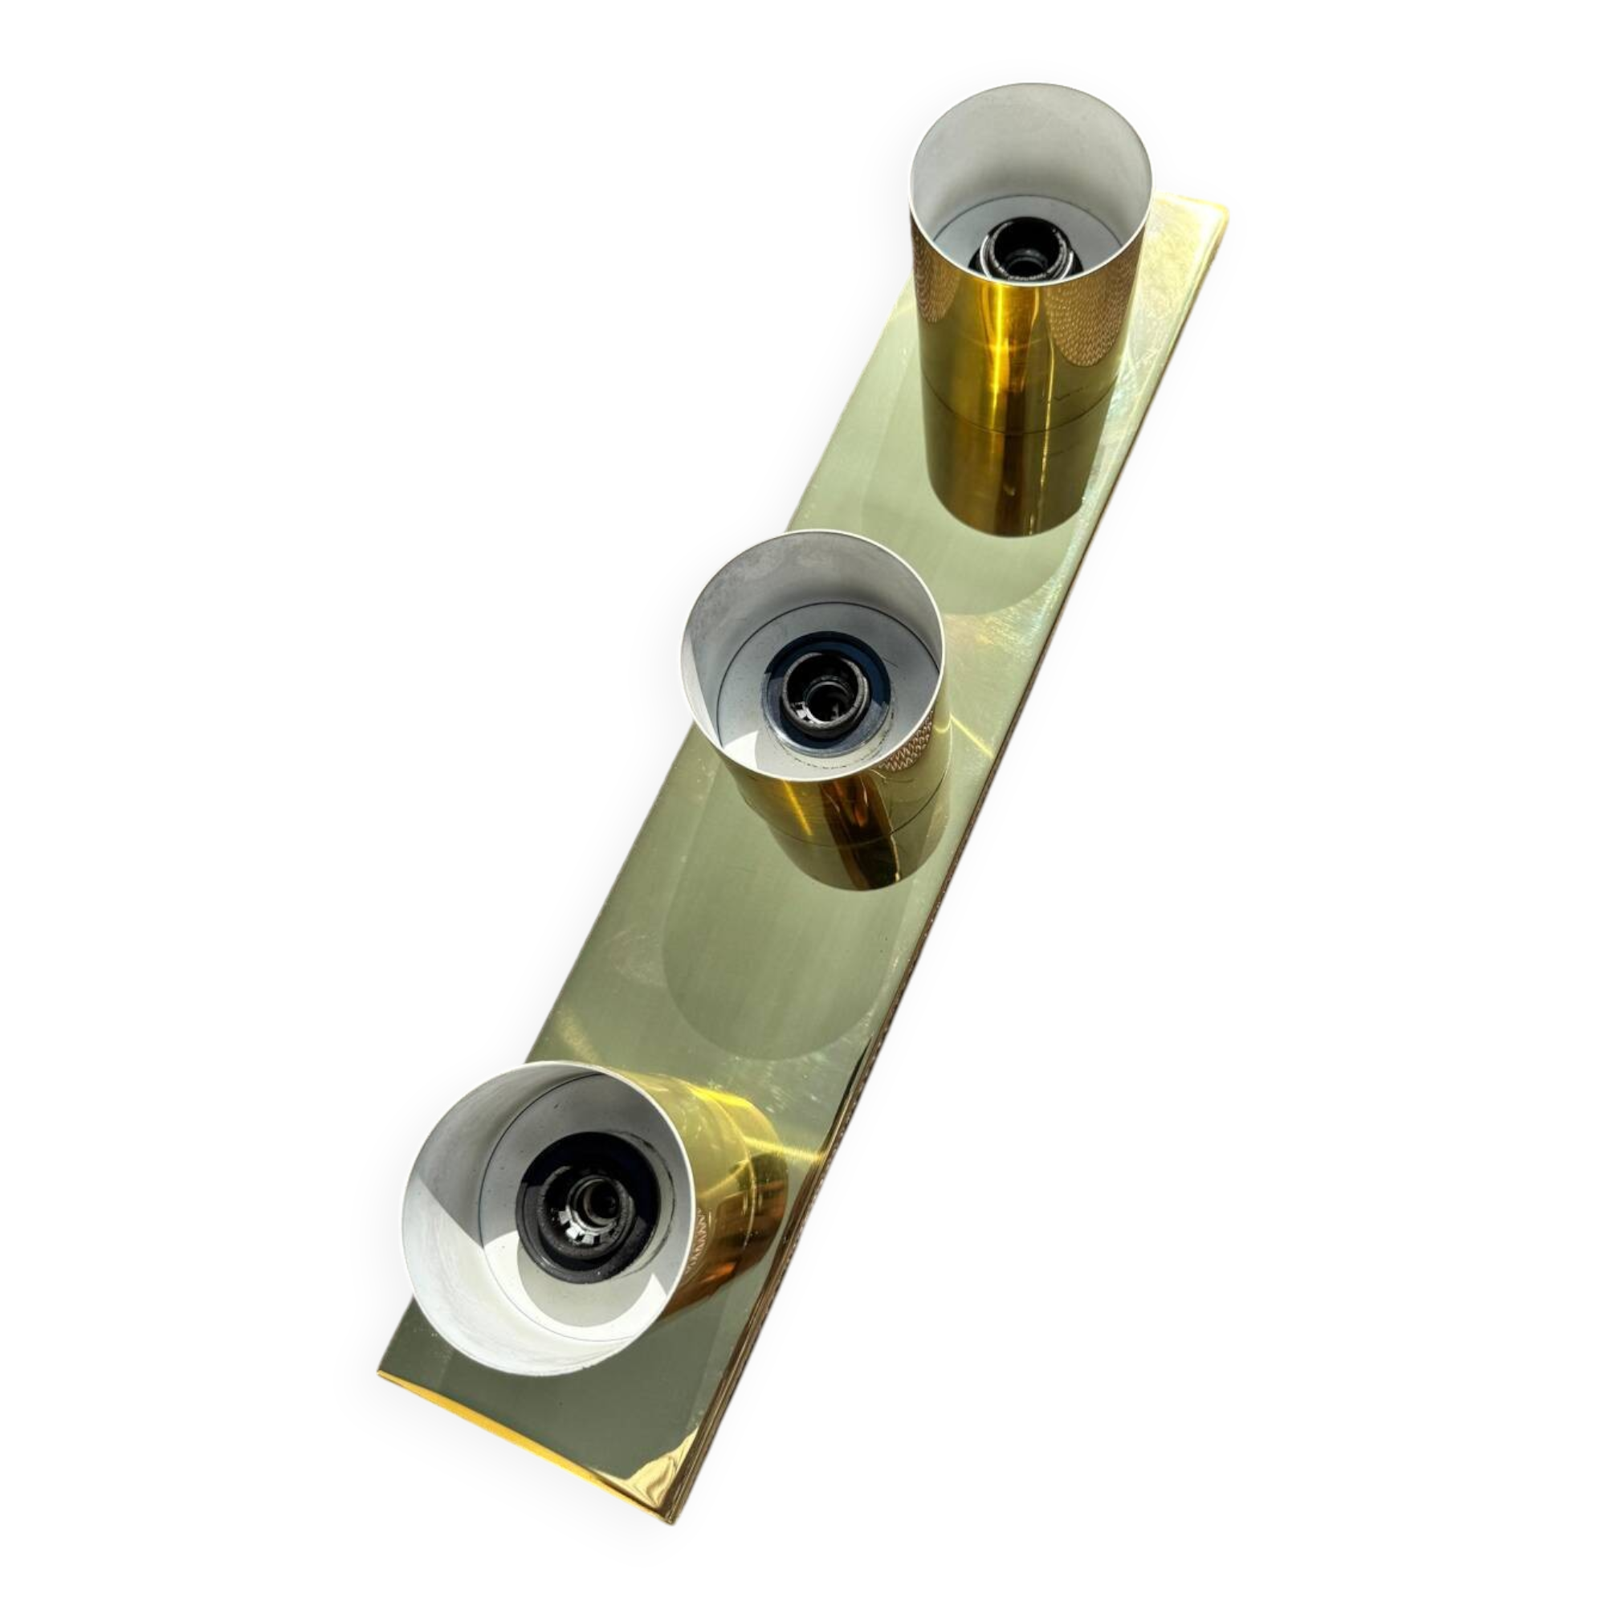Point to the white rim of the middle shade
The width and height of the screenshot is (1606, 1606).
click(x=810, y=539)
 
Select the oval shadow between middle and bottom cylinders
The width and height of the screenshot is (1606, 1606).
click(x=748, y=989)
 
